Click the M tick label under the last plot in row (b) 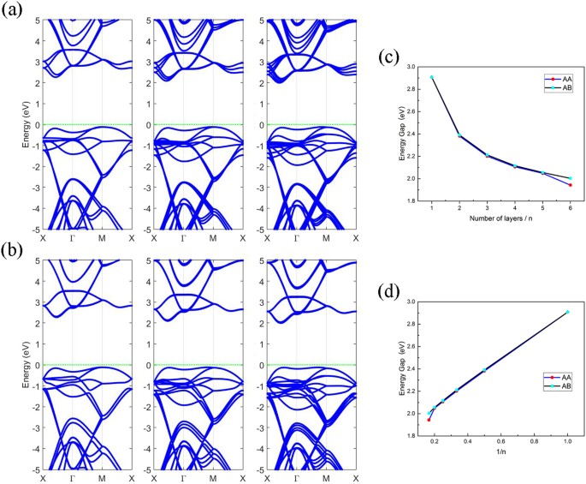tap(325, 477)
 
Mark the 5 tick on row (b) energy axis tap(35, 259)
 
